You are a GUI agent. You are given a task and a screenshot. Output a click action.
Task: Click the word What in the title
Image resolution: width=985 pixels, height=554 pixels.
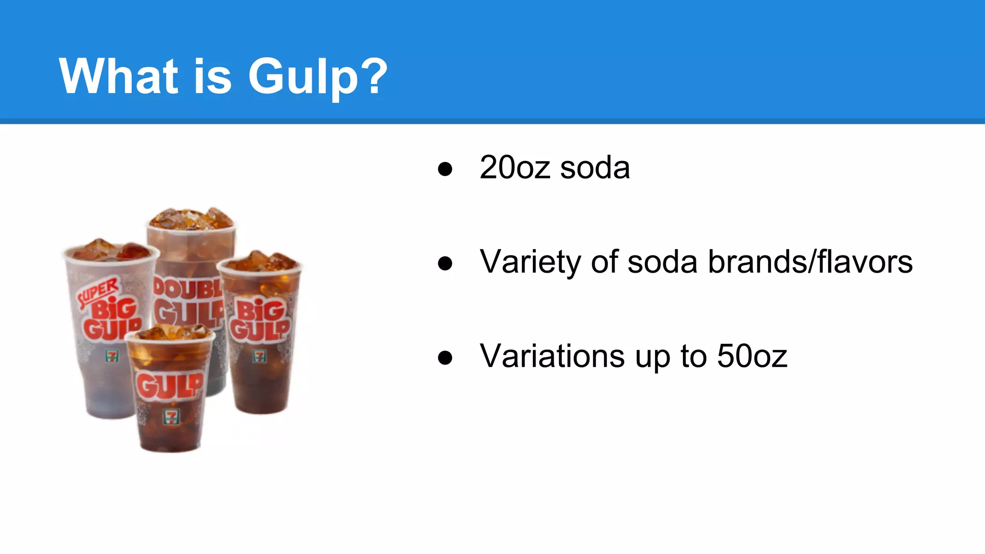coord(118,76)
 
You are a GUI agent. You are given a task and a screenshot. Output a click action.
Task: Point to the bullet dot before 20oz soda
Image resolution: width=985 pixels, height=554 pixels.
coord(445,169)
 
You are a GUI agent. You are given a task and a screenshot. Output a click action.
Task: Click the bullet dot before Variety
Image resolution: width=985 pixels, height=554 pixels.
coord(445,263)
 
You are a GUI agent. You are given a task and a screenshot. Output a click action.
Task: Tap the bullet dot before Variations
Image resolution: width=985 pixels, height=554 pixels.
coord(445,357)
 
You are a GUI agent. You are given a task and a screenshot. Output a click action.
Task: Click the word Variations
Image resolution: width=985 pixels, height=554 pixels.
coord(553,356)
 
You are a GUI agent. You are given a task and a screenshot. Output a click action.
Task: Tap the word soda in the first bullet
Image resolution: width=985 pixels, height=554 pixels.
coord(595,168)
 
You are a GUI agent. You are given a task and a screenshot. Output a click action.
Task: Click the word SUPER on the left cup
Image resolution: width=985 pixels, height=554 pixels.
coord(99,292)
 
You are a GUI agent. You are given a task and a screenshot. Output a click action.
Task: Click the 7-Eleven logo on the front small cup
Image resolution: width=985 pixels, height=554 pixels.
coord(171,415)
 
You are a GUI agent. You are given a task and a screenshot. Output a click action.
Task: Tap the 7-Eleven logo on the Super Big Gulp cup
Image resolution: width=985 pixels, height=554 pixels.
coord(112,356)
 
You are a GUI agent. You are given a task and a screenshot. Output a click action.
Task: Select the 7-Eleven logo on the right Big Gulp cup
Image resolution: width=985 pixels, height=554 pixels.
coord(259,356)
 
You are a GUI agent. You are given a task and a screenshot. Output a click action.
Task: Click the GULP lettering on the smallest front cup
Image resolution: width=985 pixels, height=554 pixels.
coord(169,386)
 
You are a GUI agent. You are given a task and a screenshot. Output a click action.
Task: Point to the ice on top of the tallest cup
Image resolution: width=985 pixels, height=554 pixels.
coord(191,219)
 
